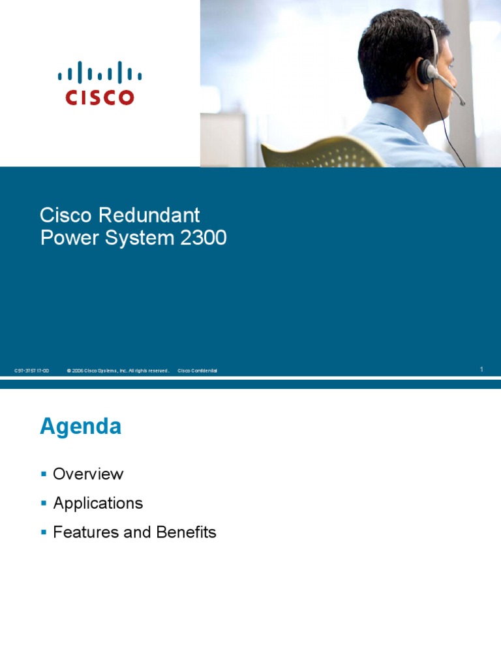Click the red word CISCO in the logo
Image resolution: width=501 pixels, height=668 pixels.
[99, 97]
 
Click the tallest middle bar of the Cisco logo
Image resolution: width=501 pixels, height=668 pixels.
[100, 72]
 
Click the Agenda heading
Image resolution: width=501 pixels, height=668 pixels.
[80, 427]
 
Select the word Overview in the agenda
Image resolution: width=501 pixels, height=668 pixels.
[88, 474]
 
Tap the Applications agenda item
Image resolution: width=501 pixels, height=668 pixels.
[98, 503]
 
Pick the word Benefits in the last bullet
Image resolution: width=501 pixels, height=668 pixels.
[186, 532]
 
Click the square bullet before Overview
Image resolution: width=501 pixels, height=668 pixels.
[44, 474]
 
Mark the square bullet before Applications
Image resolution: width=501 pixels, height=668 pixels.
[44, 503]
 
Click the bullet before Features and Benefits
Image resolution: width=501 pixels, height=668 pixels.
[44, 532]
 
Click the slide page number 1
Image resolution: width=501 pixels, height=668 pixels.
[481, 370]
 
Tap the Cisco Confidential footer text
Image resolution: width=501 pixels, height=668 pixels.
[197, 371]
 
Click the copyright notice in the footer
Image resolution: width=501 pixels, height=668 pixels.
[117, 371]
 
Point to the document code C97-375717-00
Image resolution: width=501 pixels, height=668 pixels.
[31, 371]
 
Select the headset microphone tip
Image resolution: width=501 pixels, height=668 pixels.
[462, 102]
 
